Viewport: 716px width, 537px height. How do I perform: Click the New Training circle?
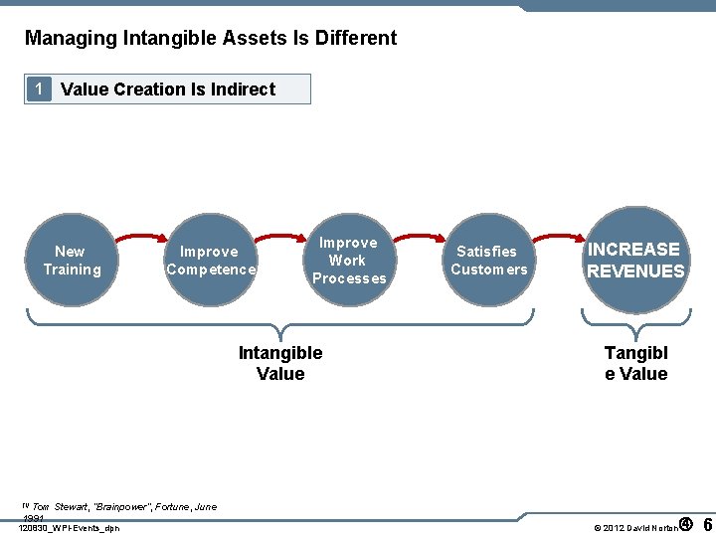coord(71,261)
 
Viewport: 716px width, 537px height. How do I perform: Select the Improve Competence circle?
coord(210,261)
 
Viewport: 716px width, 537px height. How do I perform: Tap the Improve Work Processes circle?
coord(348,261)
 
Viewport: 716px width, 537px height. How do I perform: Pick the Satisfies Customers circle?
coord(488,261)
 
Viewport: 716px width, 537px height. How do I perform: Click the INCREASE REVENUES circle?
coord(635,261)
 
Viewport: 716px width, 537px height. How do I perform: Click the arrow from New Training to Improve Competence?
coord(139,238)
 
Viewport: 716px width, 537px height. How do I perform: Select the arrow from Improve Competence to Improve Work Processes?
coord(279,238)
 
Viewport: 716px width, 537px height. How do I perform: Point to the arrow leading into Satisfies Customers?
coord(419,238)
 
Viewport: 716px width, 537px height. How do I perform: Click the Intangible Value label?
coord(280,363)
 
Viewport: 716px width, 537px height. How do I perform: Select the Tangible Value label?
coord(635,363)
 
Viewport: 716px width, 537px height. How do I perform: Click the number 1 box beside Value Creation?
coord(38,89)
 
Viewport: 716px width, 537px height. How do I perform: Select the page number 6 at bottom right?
coord(707,524)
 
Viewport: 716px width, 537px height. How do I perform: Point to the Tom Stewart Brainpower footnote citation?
coord(117,507)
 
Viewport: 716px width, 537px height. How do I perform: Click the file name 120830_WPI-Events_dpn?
coord(69,527)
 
